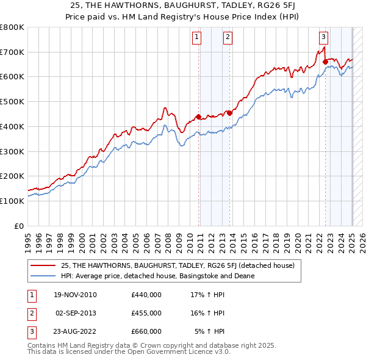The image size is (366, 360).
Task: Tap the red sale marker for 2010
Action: (199, 117)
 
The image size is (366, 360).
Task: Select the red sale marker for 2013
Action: (229, 113)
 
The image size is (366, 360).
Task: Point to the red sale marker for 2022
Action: (326, 62)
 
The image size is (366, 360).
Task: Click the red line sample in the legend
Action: (44, 265)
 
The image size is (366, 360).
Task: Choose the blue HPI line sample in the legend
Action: (44, 276)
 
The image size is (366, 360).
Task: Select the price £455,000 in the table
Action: (146, 314)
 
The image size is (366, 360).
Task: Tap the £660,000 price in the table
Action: (146, 331)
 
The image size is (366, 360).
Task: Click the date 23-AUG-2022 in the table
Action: (76, 331)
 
